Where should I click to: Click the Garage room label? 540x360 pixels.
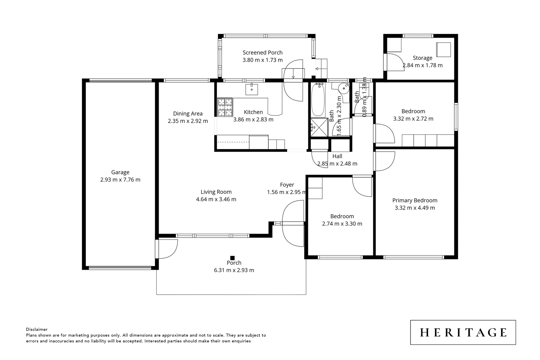[120, 172]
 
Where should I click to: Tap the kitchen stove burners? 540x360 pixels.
[225, 107]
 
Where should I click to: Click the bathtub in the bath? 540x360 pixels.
[318, 100]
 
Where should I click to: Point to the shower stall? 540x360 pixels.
[319, 127]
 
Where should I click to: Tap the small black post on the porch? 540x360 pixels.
[232, 258]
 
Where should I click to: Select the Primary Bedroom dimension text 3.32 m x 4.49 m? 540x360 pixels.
[415, 208]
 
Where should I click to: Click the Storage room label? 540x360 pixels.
[422, 58]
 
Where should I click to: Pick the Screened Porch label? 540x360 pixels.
[262, 53]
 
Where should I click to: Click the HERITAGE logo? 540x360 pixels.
[463, 332]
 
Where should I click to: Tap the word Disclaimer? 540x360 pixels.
[37, 329]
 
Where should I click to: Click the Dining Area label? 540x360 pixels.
[188, 114]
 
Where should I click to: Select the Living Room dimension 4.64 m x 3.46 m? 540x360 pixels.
[216, 199]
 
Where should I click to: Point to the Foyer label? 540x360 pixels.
[287, 185]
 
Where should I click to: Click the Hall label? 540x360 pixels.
[337, 156]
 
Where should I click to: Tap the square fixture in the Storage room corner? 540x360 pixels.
[444, 50]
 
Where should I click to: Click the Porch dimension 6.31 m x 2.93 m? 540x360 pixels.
[234, 270]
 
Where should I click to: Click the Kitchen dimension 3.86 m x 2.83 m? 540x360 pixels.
[253, 119]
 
